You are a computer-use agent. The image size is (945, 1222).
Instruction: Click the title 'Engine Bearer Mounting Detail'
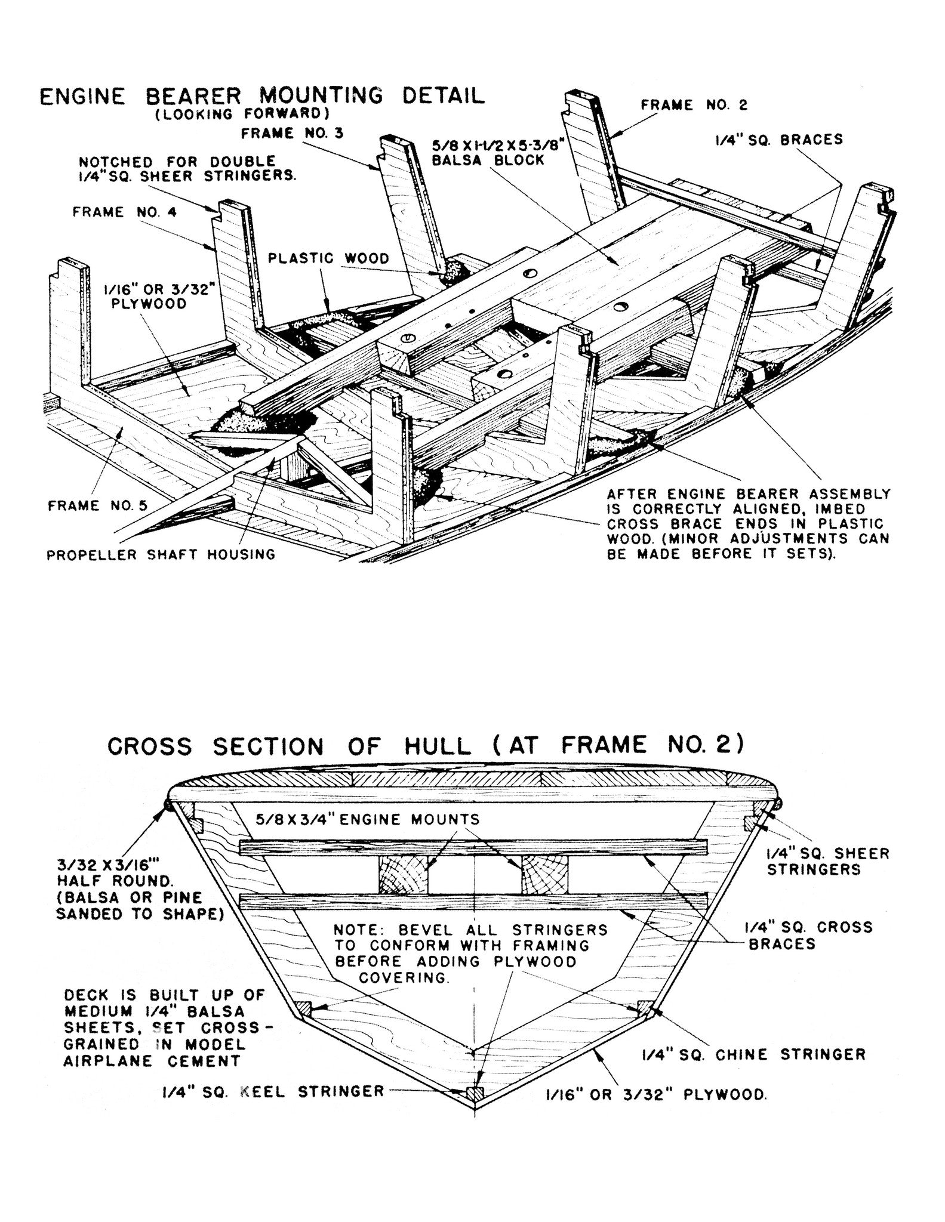click(262, 95)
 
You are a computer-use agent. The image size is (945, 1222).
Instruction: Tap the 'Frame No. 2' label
click(694, 105)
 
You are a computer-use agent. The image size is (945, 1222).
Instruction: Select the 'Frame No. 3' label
click(292, 133)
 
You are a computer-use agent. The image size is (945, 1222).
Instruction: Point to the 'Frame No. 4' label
click(124, 212)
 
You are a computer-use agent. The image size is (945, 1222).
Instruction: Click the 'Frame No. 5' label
click(97, 506)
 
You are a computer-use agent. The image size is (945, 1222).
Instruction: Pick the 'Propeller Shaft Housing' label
click(161, 554)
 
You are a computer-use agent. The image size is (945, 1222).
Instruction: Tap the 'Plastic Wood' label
click(328, 258)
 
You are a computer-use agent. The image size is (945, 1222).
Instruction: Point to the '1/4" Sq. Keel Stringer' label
click(272, 1091)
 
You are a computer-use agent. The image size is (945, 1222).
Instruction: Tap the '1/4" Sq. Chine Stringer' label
click(753, 1054)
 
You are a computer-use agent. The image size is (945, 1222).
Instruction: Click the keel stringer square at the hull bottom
click(475, 1094)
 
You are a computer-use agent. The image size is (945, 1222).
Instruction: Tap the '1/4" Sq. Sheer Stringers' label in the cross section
click(828, 861)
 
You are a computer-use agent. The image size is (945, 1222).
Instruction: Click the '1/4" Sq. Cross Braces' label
click(809, 935)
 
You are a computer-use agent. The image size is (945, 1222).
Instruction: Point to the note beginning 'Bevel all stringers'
click(470, 954)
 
